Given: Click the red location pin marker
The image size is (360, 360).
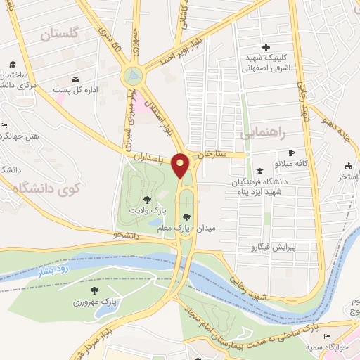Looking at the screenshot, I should pos(181,165).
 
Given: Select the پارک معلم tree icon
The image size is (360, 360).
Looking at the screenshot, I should pos(186,217).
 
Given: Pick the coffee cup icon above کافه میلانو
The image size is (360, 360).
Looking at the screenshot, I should pos(290,153).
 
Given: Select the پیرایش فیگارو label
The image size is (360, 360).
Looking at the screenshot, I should pos(276,247).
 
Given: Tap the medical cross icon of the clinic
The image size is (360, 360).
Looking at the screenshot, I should pos(266,46).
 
